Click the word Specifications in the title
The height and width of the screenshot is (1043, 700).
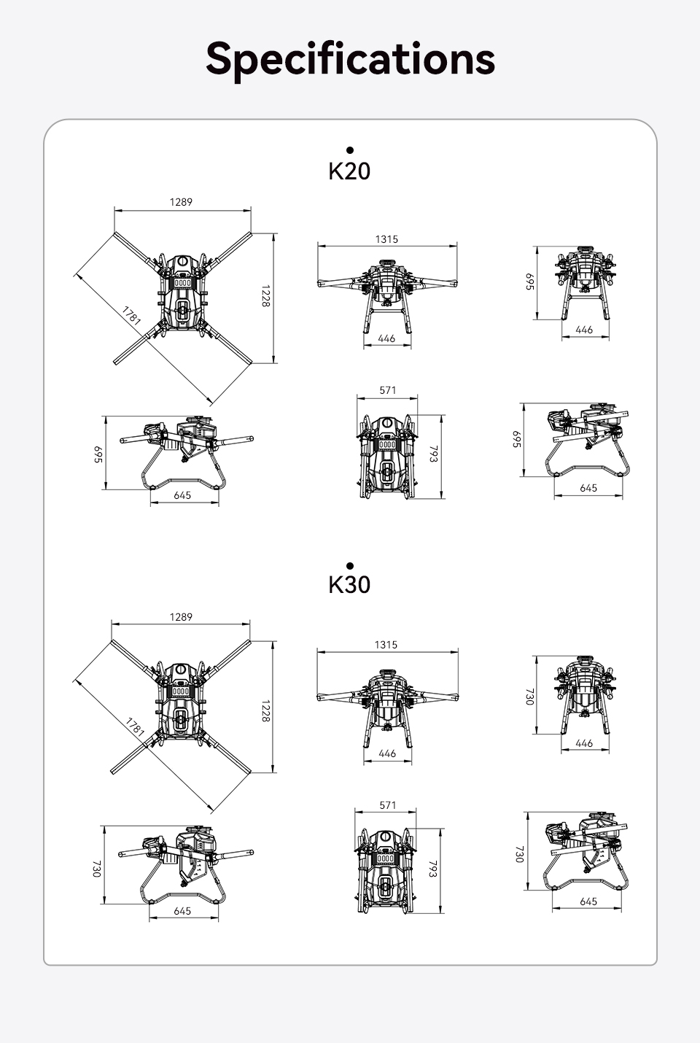(x=350, y=60)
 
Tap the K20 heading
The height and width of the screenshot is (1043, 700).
(x=349, y=171)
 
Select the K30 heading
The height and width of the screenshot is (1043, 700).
(x=349, y=585)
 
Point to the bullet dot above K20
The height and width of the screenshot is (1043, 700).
(x=350, y=150)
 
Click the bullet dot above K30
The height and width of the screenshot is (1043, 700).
(x=350, y=566)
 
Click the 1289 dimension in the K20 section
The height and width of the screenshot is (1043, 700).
(x=181, y=202)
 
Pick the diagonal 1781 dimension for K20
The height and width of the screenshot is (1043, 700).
(x=132, y=315)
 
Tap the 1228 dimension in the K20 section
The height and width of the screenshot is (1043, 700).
(x=265, y=296)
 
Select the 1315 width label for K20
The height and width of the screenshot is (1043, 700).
(x=386, y=239)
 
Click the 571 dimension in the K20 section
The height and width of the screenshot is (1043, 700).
(x=388, y=390)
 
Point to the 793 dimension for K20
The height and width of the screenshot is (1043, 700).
(x=433, y=454)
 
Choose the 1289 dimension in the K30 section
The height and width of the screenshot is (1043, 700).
(x=181, y=617)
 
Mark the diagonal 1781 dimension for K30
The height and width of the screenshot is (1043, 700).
(x=135, y=726)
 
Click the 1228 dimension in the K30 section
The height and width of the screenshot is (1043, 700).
(x=265, y=711)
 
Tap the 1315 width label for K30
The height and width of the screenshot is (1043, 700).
(x=386, y=645)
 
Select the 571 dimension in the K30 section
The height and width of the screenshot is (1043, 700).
(x=388, y=805)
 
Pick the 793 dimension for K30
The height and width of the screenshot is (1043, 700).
(x=433, y=869)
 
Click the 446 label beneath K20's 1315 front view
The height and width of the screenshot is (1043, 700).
(x=386, y=338)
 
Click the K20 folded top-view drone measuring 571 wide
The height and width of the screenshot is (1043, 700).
(x=386, y=457)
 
